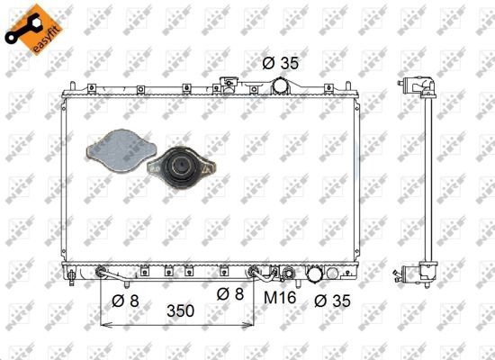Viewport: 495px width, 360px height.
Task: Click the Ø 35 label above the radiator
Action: coord(280,63)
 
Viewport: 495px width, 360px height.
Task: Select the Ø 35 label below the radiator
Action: coord(332,301)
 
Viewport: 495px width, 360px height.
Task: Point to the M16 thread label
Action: coord(280,297)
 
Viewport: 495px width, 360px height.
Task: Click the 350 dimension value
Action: coord(180,310)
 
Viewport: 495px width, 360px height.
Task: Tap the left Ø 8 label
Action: coord(125,301)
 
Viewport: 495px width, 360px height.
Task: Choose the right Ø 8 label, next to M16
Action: coord(230,294)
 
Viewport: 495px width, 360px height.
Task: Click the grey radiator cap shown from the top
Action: coord(121,151)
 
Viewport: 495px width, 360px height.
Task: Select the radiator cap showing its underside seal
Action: coord(181,167)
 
